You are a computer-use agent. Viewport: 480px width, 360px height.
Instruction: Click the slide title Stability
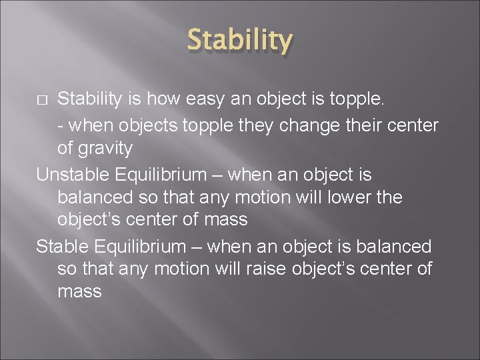tap(240, 40)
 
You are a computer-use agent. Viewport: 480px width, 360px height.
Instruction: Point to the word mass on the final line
tap(79, 292)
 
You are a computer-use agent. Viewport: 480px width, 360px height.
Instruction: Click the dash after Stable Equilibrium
tap(194, 247)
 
